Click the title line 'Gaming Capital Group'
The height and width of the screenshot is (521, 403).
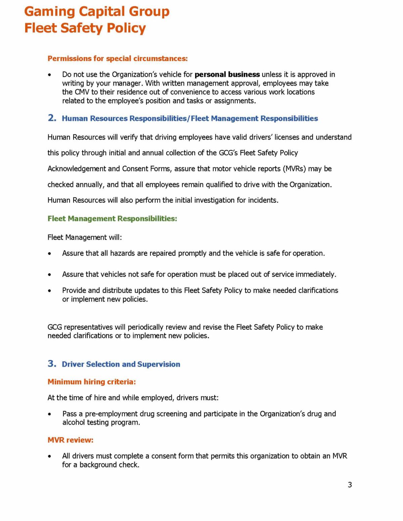pyautogui.click(x=97, y=12)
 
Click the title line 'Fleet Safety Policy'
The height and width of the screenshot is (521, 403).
pyautogui.click(x=85, y=28)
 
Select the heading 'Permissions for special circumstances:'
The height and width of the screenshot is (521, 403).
pyautogui.click(x=118, y=59)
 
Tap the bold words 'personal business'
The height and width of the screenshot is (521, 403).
pyautogui.click(x=227, y=74)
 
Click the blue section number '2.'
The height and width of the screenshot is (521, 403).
pyautogui.click(x=52, y=118)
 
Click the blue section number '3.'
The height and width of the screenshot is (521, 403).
pyautogui.click(x=52, y=364)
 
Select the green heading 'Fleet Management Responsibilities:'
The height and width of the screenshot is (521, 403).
pyautogui.click(x=112, y=219)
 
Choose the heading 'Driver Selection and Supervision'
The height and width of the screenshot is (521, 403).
pyautogui.click(x=121, y=364)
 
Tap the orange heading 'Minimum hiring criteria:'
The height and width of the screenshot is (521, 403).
pyautogui.click(x=92, y=382)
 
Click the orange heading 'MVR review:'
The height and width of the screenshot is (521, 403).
pyautogui.click(x=71, y=440)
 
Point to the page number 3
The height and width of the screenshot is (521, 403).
pyautogui.click(x=350, y=485)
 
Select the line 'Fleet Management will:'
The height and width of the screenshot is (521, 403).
pyautogui.click(x=85, y=238)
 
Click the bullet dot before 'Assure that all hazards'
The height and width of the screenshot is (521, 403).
pyautogui.click(x=50, y=254)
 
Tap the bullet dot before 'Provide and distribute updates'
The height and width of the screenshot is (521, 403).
pyautogui.click(x=50, y=291)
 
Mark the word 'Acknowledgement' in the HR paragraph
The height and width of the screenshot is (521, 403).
pyautogui.click(x=77, y=169)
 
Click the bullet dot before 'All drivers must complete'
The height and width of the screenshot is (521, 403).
pyautogui.click(x=50, y=457)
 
